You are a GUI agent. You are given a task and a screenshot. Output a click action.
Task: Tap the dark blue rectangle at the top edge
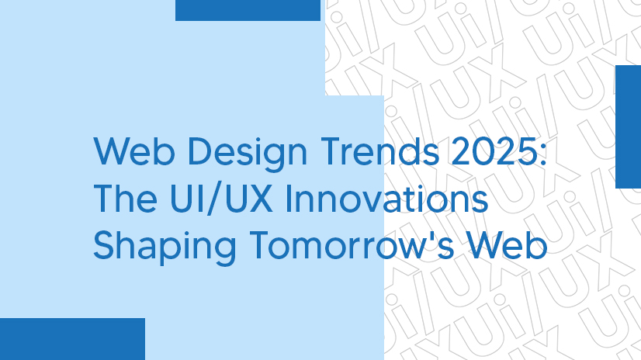pos(248,10)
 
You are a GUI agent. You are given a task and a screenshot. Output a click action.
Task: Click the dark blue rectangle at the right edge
pos(628,126)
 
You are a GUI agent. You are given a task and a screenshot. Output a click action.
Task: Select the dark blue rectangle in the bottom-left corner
pos(72,339)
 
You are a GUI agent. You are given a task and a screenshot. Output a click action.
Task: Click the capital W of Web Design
pos(110,154)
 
